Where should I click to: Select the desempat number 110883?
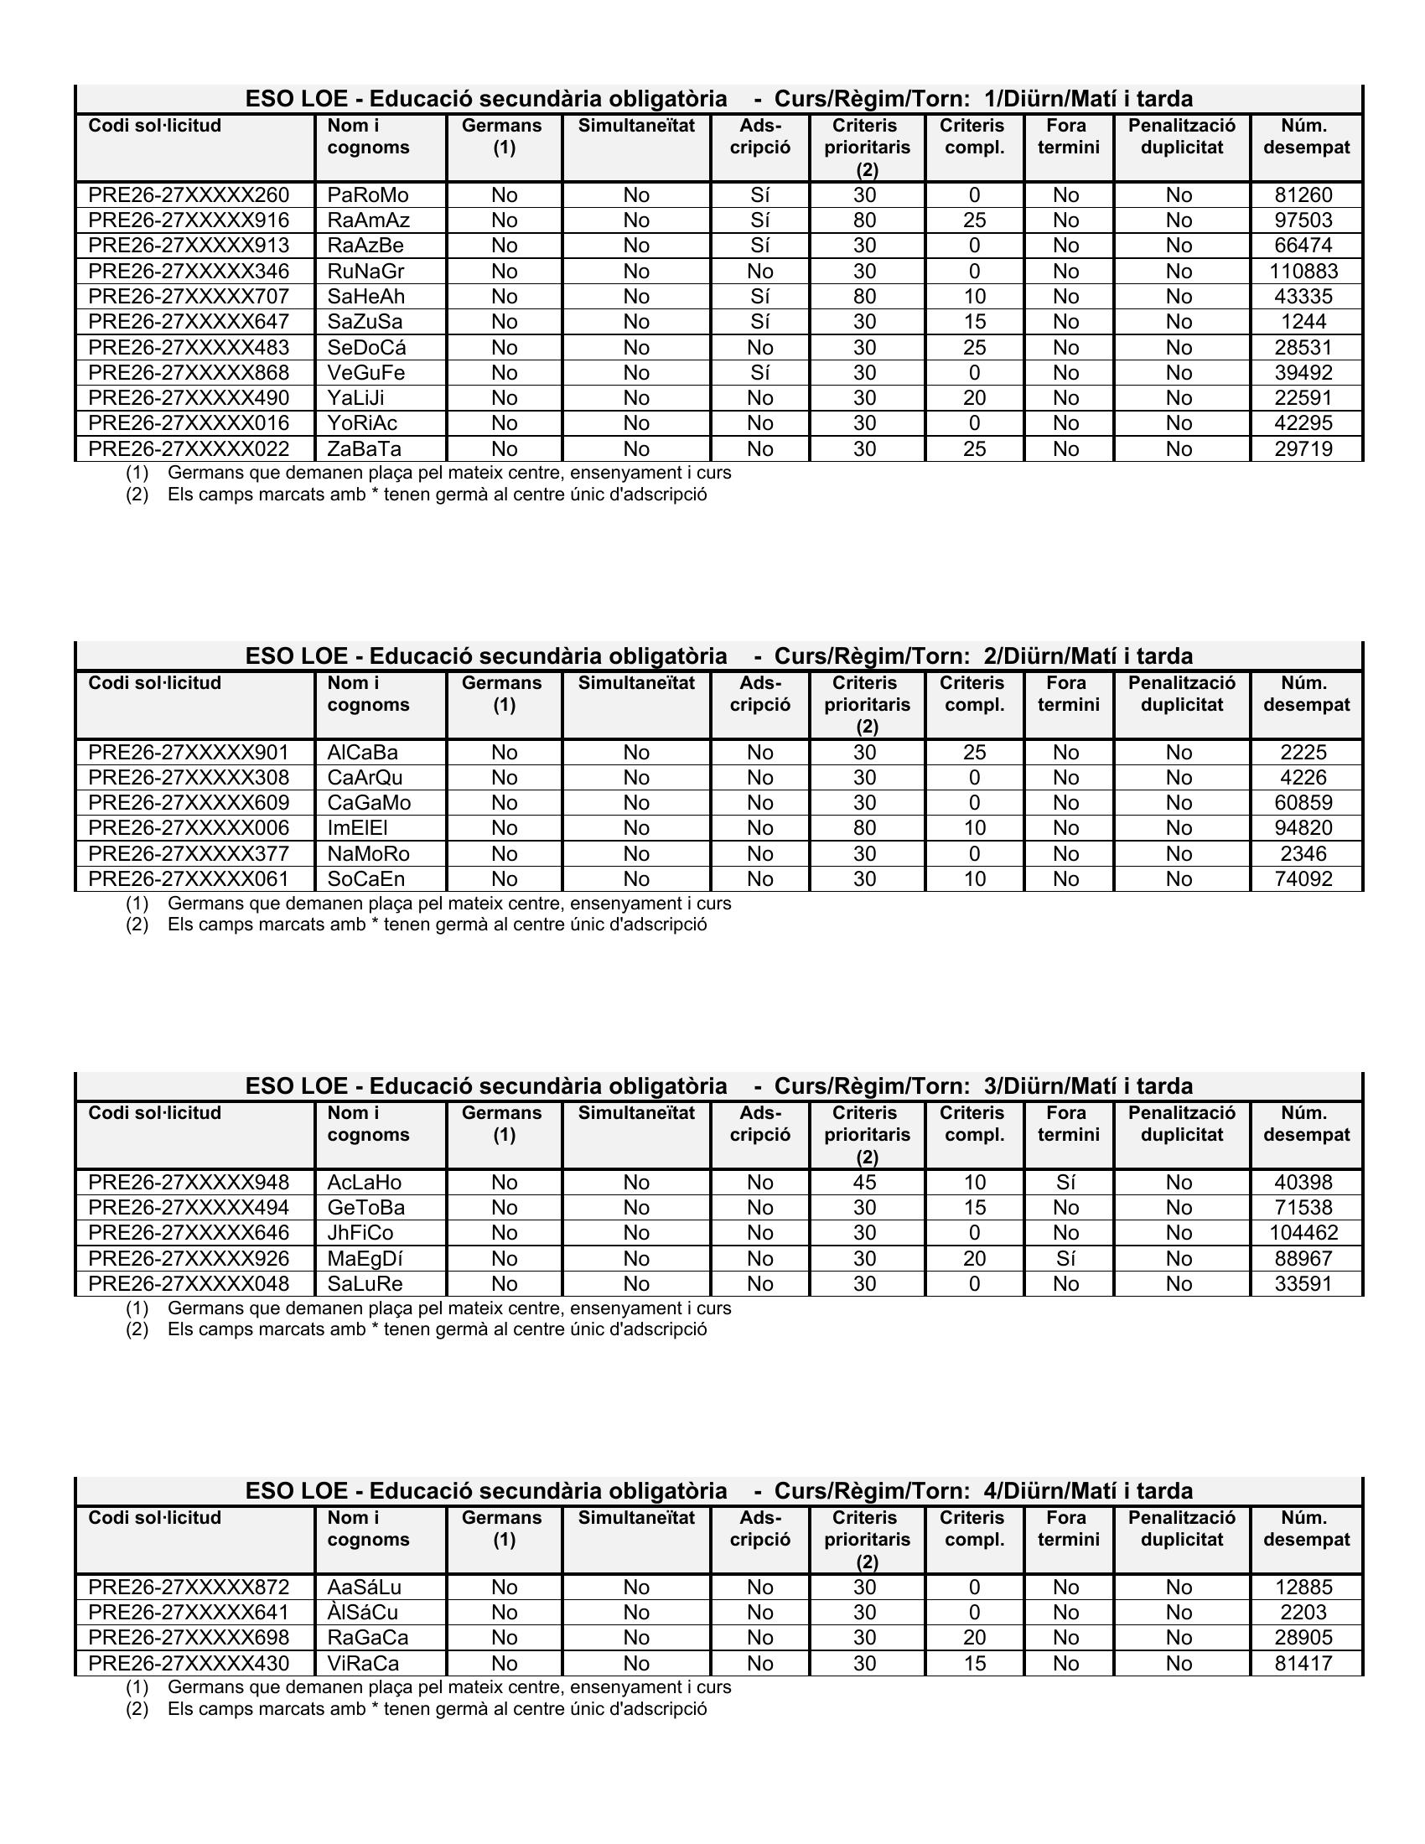(1303, 272)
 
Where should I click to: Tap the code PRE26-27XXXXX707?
(189, 298)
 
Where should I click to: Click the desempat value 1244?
(1303, 323)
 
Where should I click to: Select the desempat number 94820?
(1303, 828)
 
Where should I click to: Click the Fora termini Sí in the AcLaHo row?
(1065, 1183)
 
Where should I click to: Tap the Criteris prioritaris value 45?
(864, 1183)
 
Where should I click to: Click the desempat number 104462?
(1303, 1234)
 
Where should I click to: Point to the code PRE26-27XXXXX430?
(189, 1663)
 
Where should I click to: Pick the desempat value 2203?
(1303, 1613)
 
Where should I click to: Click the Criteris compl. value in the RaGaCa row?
(974, 1638)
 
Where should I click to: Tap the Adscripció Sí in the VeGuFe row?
(759, 373)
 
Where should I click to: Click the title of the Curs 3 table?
(718, 1086)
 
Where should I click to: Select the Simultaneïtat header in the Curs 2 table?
(635, 683)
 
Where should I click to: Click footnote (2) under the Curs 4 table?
(437, 1709)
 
